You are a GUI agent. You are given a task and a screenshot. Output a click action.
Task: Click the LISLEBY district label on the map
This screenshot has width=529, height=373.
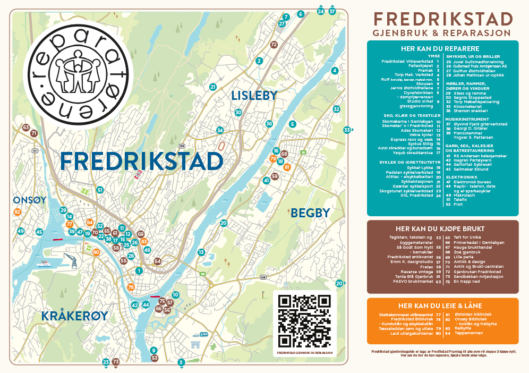[254, 96]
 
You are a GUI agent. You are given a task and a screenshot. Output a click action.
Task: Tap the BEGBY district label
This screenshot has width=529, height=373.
[310, 213]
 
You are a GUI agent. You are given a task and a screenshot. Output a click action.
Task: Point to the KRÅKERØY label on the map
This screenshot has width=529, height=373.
[75, 316]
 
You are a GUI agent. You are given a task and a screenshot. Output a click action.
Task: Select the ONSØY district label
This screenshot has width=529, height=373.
[30, 200]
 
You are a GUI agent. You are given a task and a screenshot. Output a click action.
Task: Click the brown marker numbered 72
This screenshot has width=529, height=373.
[274, 45]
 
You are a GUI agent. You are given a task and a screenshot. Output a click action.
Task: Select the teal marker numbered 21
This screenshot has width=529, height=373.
[213, 87]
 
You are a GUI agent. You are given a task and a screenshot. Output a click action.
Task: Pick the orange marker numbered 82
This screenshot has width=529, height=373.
[18, 212]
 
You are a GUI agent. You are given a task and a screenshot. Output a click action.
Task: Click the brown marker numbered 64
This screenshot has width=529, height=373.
[157, 261]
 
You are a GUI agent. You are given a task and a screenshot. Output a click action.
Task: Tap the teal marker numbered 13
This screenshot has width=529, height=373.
[201, 252]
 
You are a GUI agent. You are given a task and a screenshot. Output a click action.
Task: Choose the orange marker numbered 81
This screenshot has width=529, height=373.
[287, 167]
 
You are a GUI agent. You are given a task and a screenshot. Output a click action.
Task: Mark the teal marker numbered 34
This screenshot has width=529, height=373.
[220, 130]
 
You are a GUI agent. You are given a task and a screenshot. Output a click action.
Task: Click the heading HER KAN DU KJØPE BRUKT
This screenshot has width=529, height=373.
[442, 228]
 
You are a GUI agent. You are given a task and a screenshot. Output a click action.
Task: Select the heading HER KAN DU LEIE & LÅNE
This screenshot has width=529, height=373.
[442, 306]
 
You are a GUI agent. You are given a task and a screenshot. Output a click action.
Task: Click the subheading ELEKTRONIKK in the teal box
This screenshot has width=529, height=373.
[460, 176]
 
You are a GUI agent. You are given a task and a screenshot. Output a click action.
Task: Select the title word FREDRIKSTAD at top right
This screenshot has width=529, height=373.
[443, 19]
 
